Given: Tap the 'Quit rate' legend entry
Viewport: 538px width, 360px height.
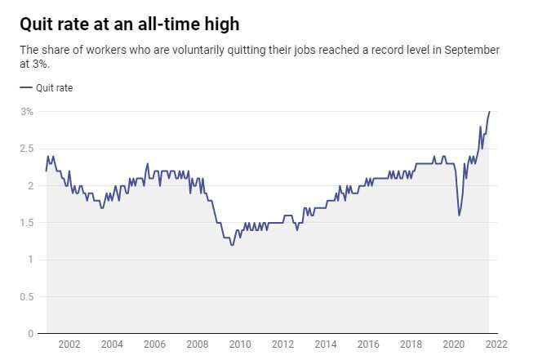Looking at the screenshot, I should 49,87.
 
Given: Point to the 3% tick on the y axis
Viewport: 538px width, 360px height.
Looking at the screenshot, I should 27,112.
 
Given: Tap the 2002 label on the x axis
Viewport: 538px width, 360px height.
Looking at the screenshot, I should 69,345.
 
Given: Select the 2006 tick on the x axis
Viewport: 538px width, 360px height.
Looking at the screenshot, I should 155,345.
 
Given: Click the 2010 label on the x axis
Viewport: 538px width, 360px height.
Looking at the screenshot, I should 240,345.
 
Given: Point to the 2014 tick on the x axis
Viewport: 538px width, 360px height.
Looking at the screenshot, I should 326,345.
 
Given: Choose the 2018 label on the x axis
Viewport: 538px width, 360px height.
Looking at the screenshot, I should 411,345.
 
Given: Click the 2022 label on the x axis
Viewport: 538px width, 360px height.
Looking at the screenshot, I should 497,345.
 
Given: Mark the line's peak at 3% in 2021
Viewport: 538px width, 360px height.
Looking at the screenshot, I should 489,112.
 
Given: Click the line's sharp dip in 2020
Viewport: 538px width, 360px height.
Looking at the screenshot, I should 459,216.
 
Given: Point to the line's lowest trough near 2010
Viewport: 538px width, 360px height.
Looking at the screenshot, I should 233,245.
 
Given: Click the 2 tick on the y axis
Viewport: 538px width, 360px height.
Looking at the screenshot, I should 29,186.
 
